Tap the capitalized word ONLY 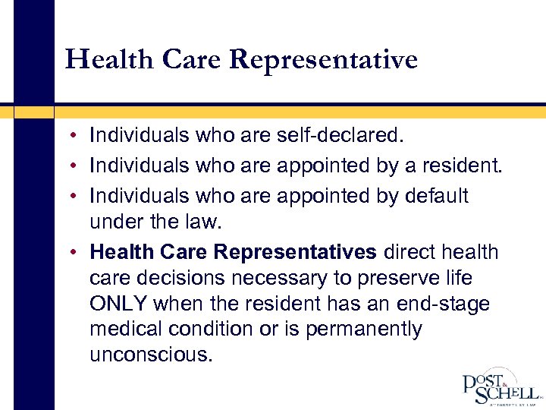click(x=118, y=304)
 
